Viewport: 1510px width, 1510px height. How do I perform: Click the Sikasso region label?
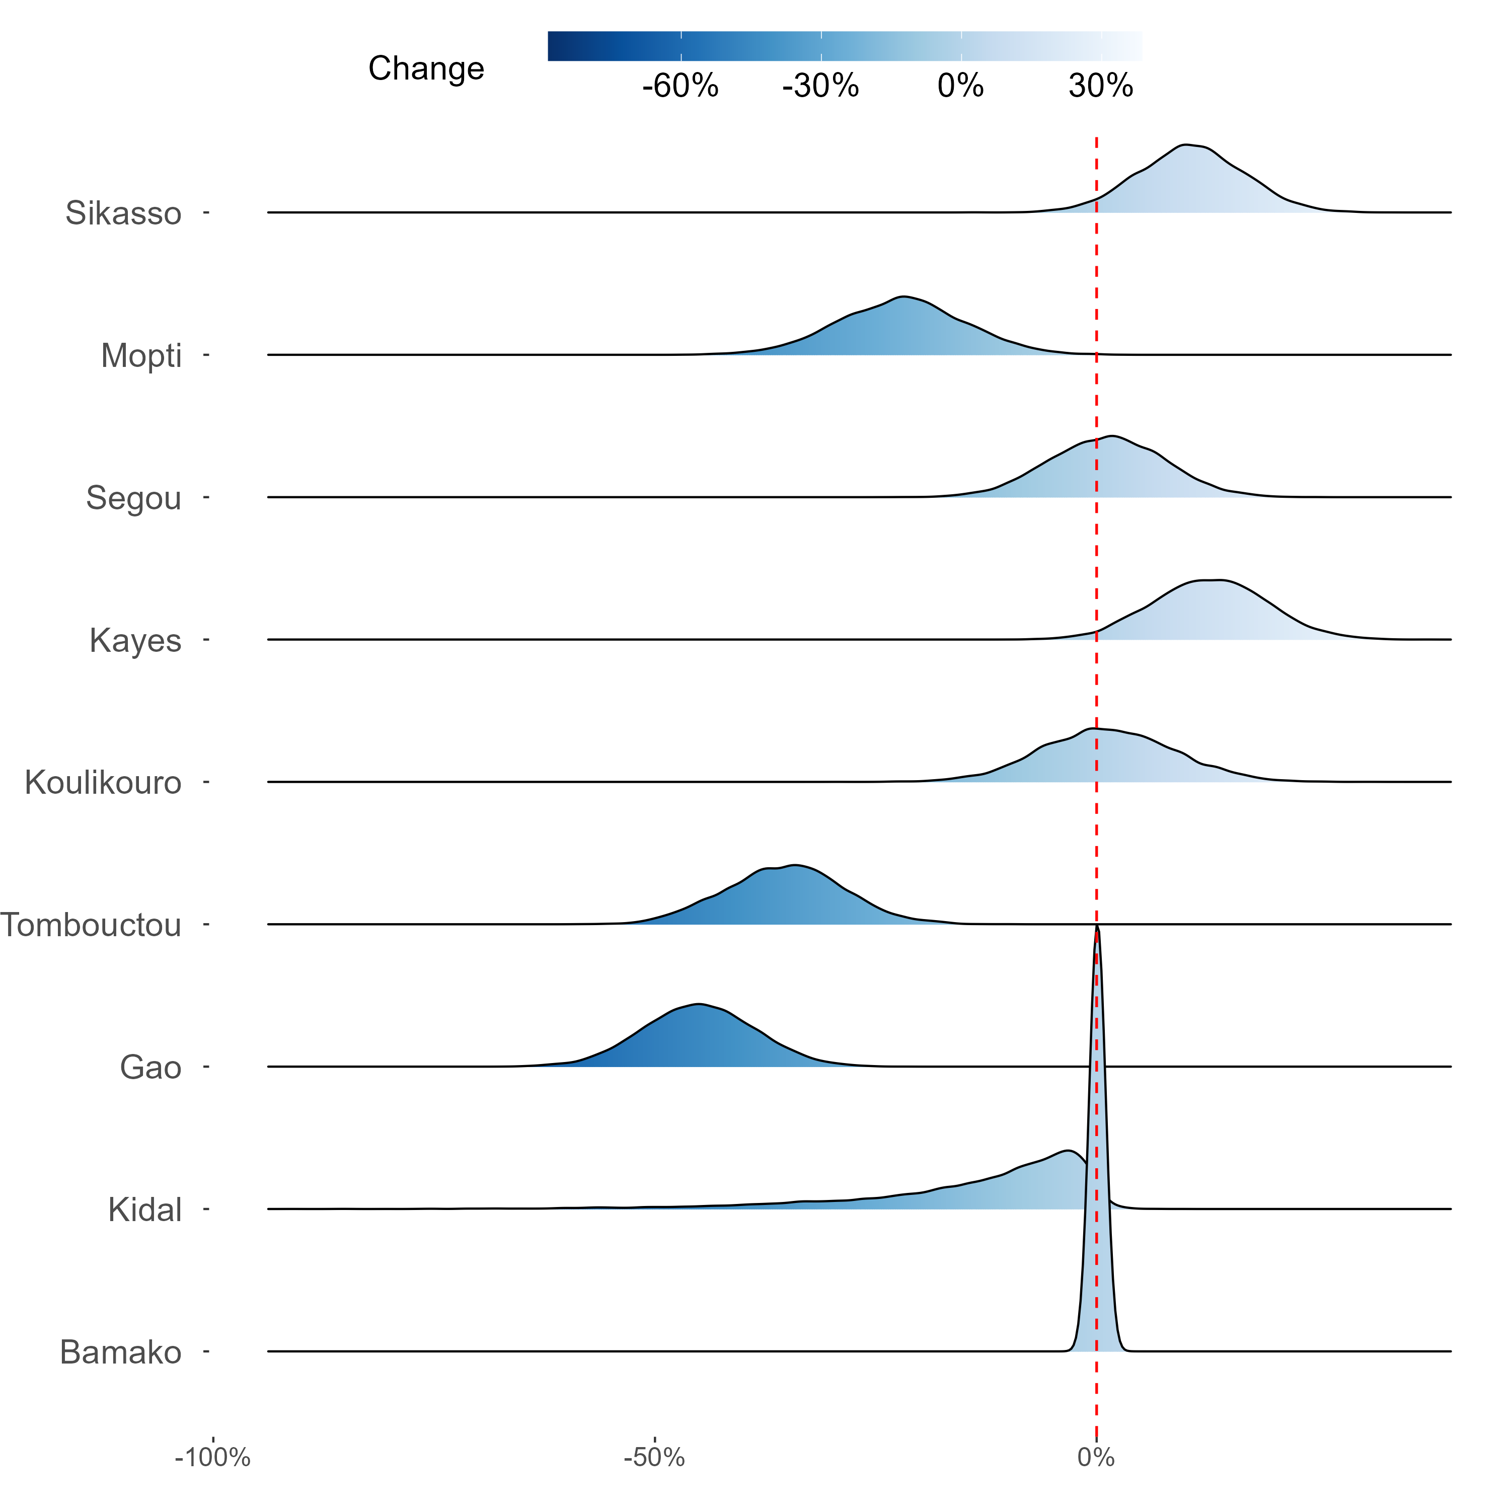coord(123,213)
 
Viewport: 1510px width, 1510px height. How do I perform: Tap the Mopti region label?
coord(141,356)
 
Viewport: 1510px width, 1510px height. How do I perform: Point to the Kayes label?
coord(135,641)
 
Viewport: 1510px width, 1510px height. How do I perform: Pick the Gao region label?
coord(151,1068)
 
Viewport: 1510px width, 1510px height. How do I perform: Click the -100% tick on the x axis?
coord(212,1458)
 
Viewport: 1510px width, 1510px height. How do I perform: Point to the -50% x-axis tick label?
coord(654,1458)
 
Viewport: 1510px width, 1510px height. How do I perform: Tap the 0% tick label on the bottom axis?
coord(1096,1458)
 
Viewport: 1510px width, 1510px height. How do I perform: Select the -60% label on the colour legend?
coord(680,86)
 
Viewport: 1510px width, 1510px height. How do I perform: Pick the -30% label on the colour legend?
coord(820,86)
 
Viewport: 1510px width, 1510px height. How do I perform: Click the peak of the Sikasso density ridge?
coord(1186,145)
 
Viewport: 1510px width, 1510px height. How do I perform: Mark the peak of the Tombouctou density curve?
coord(795,865)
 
